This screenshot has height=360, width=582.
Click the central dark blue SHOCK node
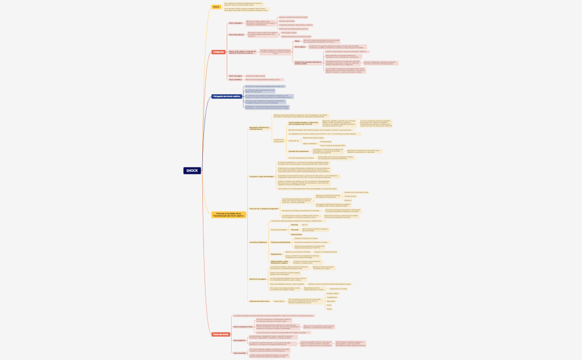point(192,171)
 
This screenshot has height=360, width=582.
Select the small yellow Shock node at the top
point(216,7)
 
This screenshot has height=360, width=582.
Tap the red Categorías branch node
point(218,52)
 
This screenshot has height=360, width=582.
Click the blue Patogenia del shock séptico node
point(226,96)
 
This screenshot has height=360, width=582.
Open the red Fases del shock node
point(220,335)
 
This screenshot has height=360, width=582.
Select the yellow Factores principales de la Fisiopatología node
point(228,214)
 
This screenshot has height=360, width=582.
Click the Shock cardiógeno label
point(236,23)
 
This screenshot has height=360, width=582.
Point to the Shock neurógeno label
point(236,76)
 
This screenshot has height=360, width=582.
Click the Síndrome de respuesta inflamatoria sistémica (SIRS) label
point(308,63)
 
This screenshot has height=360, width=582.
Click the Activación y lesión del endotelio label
point(262,176)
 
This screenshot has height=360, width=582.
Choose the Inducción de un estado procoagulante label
point(264,209)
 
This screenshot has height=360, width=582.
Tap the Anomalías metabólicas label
point(258,243)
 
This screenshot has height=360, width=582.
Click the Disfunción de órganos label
point(258,279)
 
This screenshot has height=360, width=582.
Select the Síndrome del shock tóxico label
point(259,301)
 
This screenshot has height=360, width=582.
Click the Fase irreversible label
point(239,353)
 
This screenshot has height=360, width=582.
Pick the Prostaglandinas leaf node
point(326,142)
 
